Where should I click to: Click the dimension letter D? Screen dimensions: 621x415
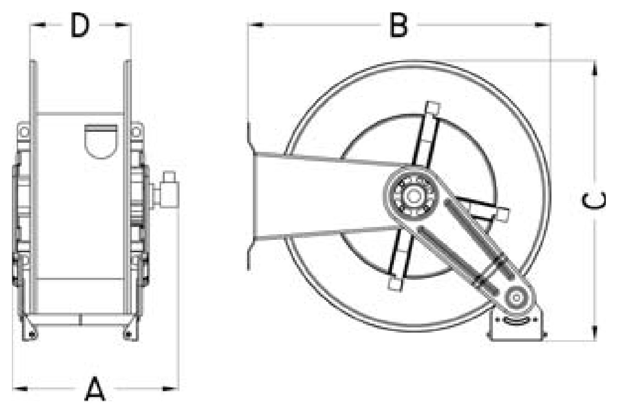point(80,25)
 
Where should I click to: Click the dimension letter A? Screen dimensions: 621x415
point(95,389)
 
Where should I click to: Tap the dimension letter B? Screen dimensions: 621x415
point(399,25)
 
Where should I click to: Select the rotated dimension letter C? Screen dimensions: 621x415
point(593,201)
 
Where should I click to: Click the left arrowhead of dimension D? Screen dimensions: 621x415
point(38,25)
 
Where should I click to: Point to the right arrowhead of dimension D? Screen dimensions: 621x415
point(123,25)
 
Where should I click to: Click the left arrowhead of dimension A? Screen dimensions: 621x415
point(20,389)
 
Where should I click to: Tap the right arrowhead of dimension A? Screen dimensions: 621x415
point(170,389)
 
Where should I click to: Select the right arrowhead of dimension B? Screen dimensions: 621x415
point(542,25)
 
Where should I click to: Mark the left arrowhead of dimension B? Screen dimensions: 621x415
point(255,25)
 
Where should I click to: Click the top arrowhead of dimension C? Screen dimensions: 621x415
point(594,69)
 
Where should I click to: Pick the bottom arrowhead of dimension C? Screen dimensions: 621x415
point(594,333)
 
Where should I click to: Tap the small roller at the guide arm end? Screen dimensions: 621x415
point(516,298)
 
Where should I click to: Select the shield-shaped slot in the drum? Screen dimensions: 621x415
point(100,141)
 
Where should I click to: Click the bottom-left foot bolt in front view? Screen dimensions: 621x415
point(33,335)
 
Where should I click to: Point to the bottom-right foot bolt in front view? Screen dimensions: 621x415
point(128,335)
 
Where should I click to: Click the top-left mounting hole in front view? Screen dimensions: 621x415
point(24,132)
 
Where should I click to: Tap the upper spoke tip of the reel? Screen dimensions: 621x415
point(433,107)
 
